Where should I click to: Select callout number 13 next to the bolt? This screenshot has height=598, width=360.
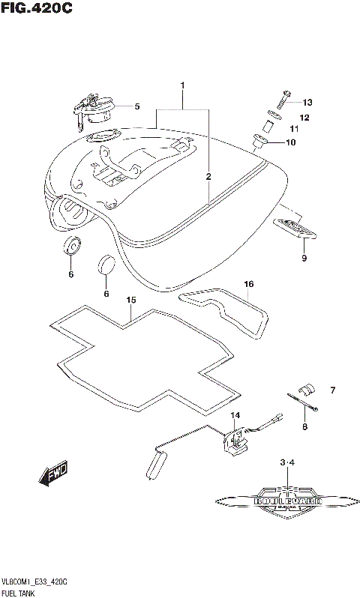(x=307, y=103)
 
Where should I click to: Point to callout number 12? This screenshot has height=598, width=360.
(x=304, y=118)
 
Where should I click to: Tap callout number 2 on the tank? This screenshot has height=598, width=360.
(x=208, y=177)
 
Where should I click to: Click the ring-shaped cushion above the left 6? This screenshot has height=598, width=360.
(x=72, y=245)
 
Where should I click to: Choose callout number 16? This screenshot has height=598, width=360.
(x=248, y=284)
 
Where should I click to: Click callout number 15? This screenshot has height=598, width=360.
(x=130, y=300)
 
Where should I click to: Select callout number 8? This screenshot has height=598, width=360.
(x=305, y=428)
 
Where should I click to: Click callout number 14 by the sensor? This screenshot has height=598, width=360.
(x=235, y=416)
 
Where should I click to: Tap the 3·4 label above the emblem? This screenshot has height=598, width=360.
(x=288, y=465)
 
